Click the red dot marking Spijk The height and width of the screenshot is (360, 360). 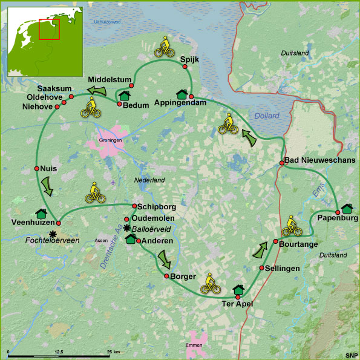coord(185,67)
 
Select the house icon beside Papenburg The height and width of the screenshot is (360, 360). coord(347,209)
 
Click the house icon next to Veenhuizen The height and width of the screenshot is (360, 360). coord(42,213)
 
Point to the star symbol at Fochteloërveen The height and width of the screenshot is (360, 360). coord(53,234)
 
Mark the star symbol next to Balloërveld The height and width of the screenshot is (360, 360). coord(126,229)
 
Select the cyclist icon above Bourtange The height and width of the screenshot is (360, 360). coord(292,226)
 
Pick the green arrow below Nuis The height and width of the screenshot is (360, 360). coord(47,186)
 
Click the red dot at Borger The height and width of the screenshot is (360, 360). coord(166,276)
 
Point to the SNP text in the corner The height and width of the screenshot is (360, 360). coord(351,355)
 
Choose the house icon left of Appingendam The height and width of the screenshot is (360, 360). coord(182,94)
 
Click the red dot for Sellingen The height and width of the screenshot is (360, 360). coord(261,268)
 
